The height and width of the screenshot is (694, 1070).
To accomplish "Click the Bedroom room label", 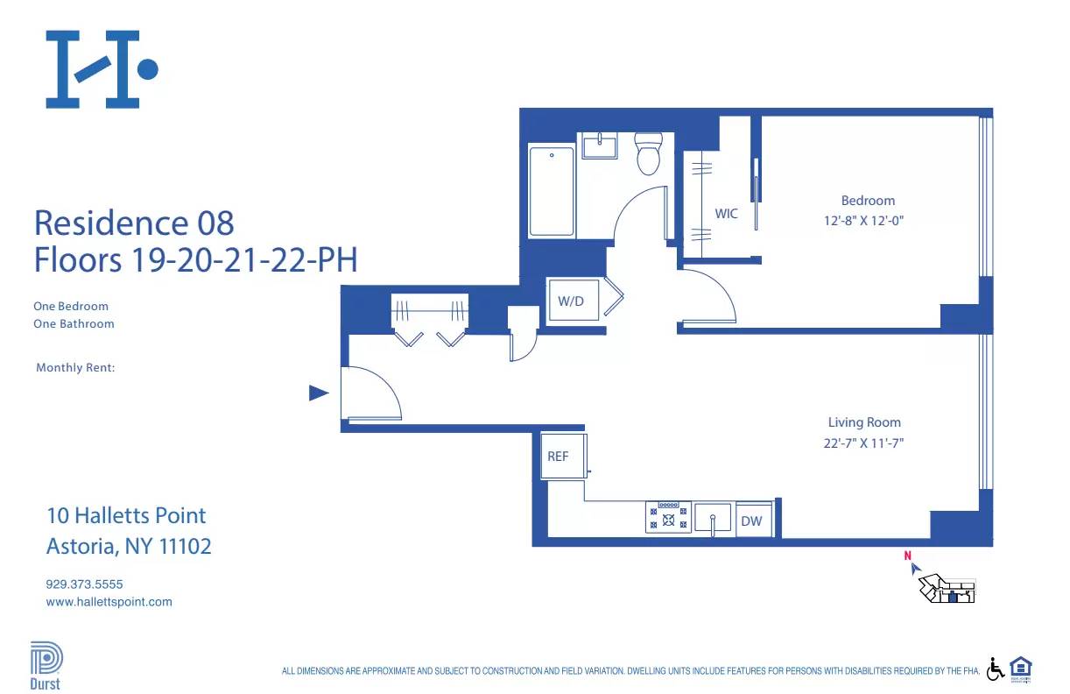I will (868, 201).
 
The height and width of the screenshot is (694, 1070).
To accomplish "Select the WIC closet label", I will (726, 214).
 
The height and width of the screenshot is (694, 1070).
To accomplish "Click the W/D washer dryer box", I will (572, 301).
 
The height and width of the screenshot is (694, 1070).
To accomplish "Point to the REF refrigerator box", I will (560, 457).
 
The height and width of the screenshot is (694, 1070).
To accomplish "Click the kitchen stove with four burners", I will (668, 517).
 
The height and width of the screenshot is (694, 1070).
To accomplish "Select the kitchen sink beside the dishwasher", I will (714, 518).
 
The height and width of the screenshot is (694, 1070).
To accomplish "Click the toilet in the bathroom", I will (649, 154).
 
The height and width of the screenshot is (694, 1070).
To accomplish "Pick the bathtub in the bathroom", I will (552, 191).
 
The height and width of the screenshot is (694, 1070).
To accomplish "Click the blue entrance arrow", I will (319, 393).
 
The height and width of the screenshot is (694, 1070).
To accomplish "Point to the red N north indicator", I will (908, 555).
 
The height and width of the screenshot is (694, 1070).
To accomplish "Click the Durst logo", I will (46, 666).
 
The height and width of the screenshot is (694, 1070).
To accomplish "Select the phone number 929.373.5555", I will (84, 584).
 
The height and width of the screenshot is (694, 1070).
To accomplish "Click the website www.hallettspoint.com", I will (109, 602).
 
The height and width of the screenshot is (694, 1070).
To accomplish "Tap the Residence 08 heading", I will (134, 223).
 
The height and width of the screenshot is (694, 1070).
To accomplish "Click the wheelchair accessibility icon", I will (996, 669).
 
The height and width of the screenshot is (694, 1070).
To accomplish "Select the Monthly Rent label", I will (75, 368).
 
